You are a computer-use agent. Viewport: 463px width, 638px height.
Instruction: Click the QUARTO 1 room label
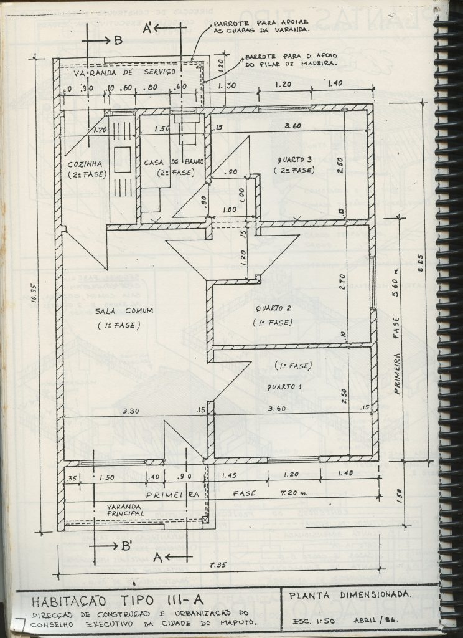click(281, 387)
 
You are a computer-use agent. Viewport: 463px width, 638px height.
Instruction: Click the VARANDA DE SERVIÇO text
click(124, 73)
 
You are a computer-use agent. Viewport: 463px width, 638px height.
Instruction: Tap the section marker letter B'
click(127, 546)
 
